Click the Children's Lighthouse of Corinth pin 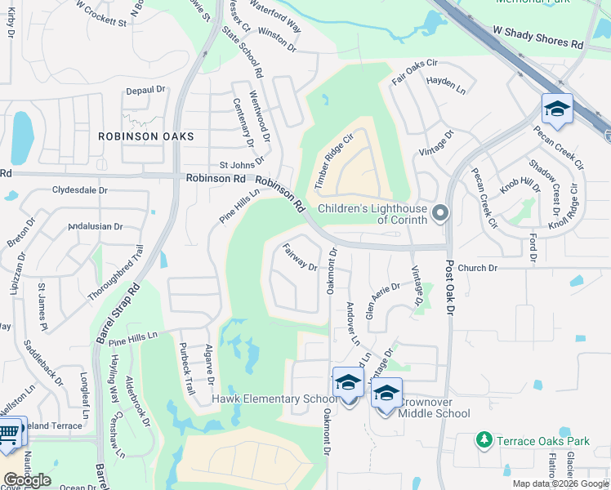tap(440, 213)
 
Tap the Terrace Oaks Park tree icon tap(484, 441)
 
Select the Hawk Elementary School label tap(274, 399)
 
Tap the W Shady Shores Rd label tap(539, 38)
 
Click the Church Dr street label tap(477, 268)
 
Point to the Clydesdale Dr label tap(80, 190)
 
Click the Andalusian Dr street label tap(96, 226)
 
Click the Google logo tap(27, 479)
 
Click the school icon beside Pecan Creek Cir tap(557, 109)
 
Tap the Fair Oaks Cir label tap(415, 63)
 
